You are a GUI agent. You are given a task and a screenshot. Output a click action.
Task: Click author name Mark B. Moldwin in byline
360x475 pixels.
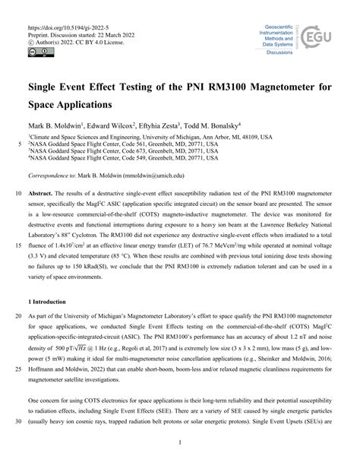pos(58,125)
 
